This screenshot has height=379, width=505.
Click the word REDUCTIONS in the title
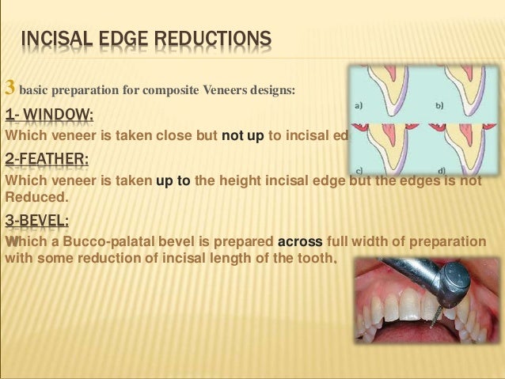coord(209,39)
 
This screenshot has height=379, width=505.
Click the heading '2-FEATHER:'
coord(47,163)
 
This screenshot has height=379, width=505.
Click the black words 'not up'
coord(242,136)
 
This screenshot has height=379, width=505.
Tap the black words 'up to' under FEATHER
coord(173,180)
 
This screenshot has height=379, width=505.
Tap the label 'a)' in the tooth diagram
coord(358,105)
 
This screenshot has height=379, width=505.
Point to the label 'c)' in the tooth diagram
coord(359,169)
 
